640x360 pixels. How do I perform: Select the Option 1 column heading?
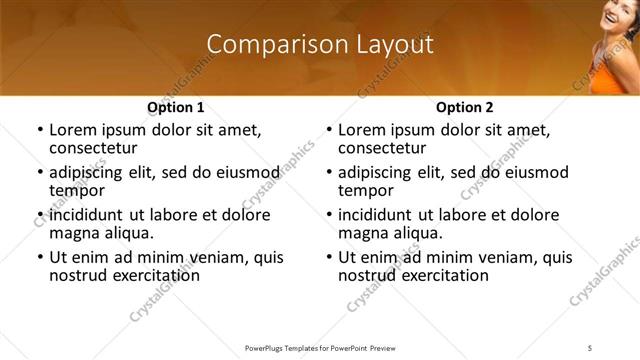tap(176, 107)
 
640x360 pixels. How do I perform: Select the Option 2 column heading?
tap(465, 107)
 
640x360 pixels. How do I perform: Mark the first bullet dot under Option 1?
tap(39, 130)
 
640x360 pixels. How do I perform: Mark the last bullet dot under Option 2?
tap(328, 257)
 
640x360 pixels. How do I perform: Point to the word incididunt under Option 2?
tap(382, 215)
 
